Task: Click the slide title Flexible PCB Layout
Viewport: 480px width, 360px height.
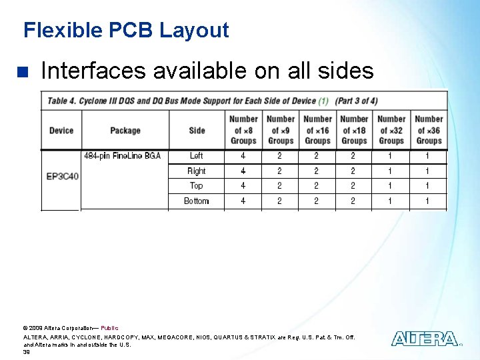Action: (x=126, y=30)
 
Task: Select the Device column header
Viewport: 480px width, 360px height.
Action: (x=61, y=130)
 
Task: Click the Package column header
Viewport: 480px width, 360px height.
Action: (x=125, y=130)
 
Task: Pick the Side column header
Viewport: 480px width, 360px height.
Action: (x=197, y=130)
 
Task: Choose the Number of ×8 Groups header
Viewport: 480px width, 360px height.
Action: (x=243, y=130)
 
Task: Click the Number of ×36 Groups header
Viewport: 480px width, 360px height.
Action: (x=429, y=130)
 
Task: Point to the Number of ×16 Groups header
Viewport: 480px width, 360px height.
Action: (x=317, y=130)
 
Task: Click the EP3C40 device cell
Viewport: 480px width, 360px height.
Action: (x=62, y=177)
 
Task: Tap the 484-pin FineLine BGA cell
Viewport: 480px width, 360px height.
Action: (x=123, y=156)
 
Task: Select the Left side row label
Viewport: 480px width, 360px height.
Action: (x=197, y=156)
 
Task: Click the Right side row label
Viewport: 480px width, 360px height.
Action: (x=197, y=171)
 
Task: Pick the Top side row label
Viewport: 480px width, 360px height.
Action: (x=197, y=186)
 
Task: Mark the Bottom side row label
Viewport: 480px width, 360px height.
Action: (x=197, y=201)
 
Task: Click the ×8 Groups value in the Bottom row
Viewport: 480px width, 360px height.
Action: (x=243, y=201)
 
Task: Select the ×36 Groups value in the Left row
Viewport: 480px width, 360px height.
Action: (x=427, y=156)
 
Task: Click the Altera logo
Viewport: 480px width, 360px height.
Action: (x=425, y=339)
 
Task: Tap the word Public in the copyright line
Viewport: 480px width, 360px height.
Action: (x=109, y=328)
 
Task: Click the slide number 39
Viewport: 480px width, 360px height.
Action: (x=27, y=351)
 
